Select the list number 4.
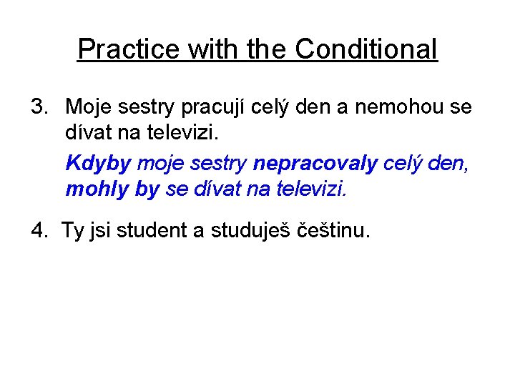[39, 230]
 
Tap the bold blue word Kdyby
[99, 164]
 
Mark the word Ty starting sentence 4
[73, 231]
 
